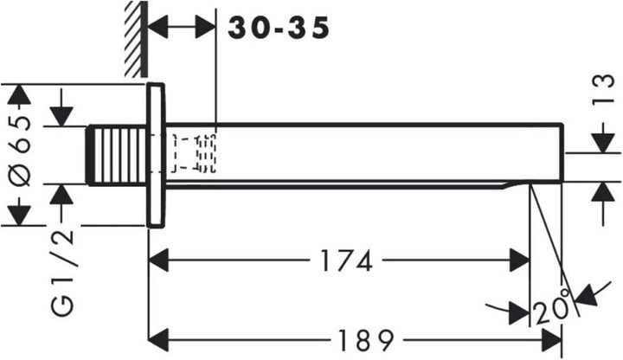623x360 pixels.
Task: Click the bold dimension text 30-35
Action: [x=279, y=29]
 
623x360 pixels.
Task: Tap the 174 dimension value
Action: [x=346, y=260]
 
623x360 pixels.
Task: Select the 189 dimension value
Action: [x=365, y=341]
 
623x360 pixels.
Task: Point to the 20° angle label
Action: [x=552, y=308]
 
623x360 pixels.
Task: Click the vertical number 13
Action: [x=603, y=89]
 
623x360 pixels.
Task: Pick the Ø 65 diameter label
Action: [x=20, y=151]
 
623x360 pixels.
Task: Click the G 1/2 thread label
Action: [x=63, y=273]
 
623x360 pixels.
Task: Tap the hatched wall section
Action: [x=136, y=39]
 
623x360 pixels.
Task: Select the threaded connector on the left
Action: [x=117, y=155]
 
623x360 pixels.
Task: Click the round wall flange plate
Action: [x=156, y=156]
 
